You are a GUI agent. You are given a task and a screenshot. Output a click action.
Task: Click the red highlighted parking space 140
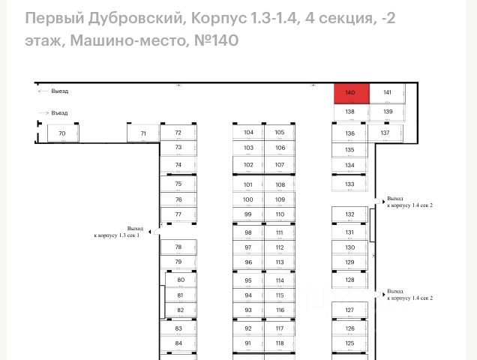[x=350, y=93]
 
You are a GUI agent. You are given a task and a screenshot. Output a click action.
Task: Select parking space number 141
[x=387, y=93]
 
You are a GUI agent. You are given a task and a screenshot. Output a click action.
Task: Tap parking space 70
[x=62, y=133]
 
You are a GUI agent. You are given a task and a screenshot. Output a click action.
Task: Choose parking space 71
[x=142, y=133]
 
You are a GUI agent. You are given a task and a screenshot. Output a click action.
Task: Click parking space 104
[x=248, y=133]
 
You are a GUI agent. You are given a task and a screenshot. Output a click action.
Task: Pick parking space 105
[x=280, y=133]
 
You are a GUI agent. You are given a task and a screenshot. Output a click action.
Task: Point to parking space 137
[x=385, y=133]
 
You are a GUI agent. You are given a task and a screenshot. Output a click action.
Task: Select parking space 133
[x=349, y=184]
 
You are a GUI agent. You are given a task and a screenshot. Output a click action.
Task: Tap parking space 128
[x=349, y=280]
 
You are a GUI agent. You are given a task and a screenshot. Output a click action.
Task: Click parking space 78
[x=178, y=247]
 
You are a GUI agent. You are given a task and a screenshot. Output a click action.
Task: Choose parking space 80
[x=181, y=280]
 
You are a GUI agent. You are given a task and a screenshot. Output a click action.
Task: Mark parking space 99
[x=248, y=214]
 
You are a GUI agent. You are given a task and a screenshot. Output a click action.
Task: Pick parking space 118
[x=280, y=343]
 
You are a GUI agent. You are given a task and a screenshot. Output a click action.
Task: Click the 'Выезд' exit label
[x=60, y=91]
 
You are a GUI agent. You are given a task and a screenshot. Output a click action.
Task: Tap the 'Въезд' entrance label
[x=60, y=113]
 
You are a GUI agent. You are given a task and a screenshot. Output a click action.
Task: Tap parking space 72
[x=178, y=133]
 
